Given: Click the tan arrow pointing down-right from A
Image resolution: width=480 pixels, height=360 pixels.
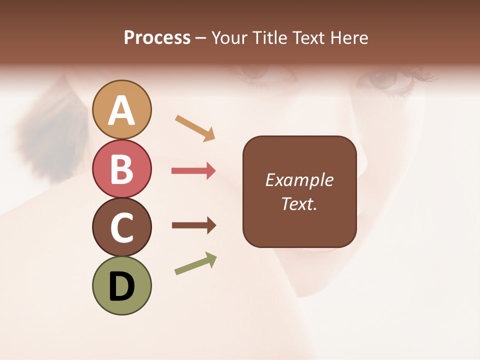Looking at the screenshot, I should (195, 128).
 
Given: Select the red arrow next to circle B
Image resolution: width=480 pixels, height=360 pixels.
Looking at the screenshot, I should (193, 171).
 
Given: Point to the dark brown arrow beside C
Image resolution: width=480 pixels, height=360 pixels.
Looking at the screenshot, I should (193, 225).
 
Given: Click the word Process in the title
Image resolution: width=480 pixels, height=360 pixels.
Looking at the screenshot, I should (157, 38).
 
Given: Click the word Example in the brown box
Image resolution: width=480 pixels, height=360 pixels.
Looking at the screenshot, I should (299, 180).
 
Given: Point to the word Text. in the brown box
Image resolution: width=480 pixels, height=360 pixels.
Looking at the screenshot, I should (299, 203).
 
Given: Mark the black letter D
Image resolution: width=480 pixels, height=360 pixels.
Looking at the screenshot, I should (122, 286).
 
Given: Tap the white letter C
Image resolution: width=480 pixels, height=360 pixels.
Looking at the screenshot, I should (122, 227).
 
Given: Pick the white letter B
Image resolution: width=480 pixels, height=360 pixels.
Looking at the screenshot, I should (122, 169).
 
